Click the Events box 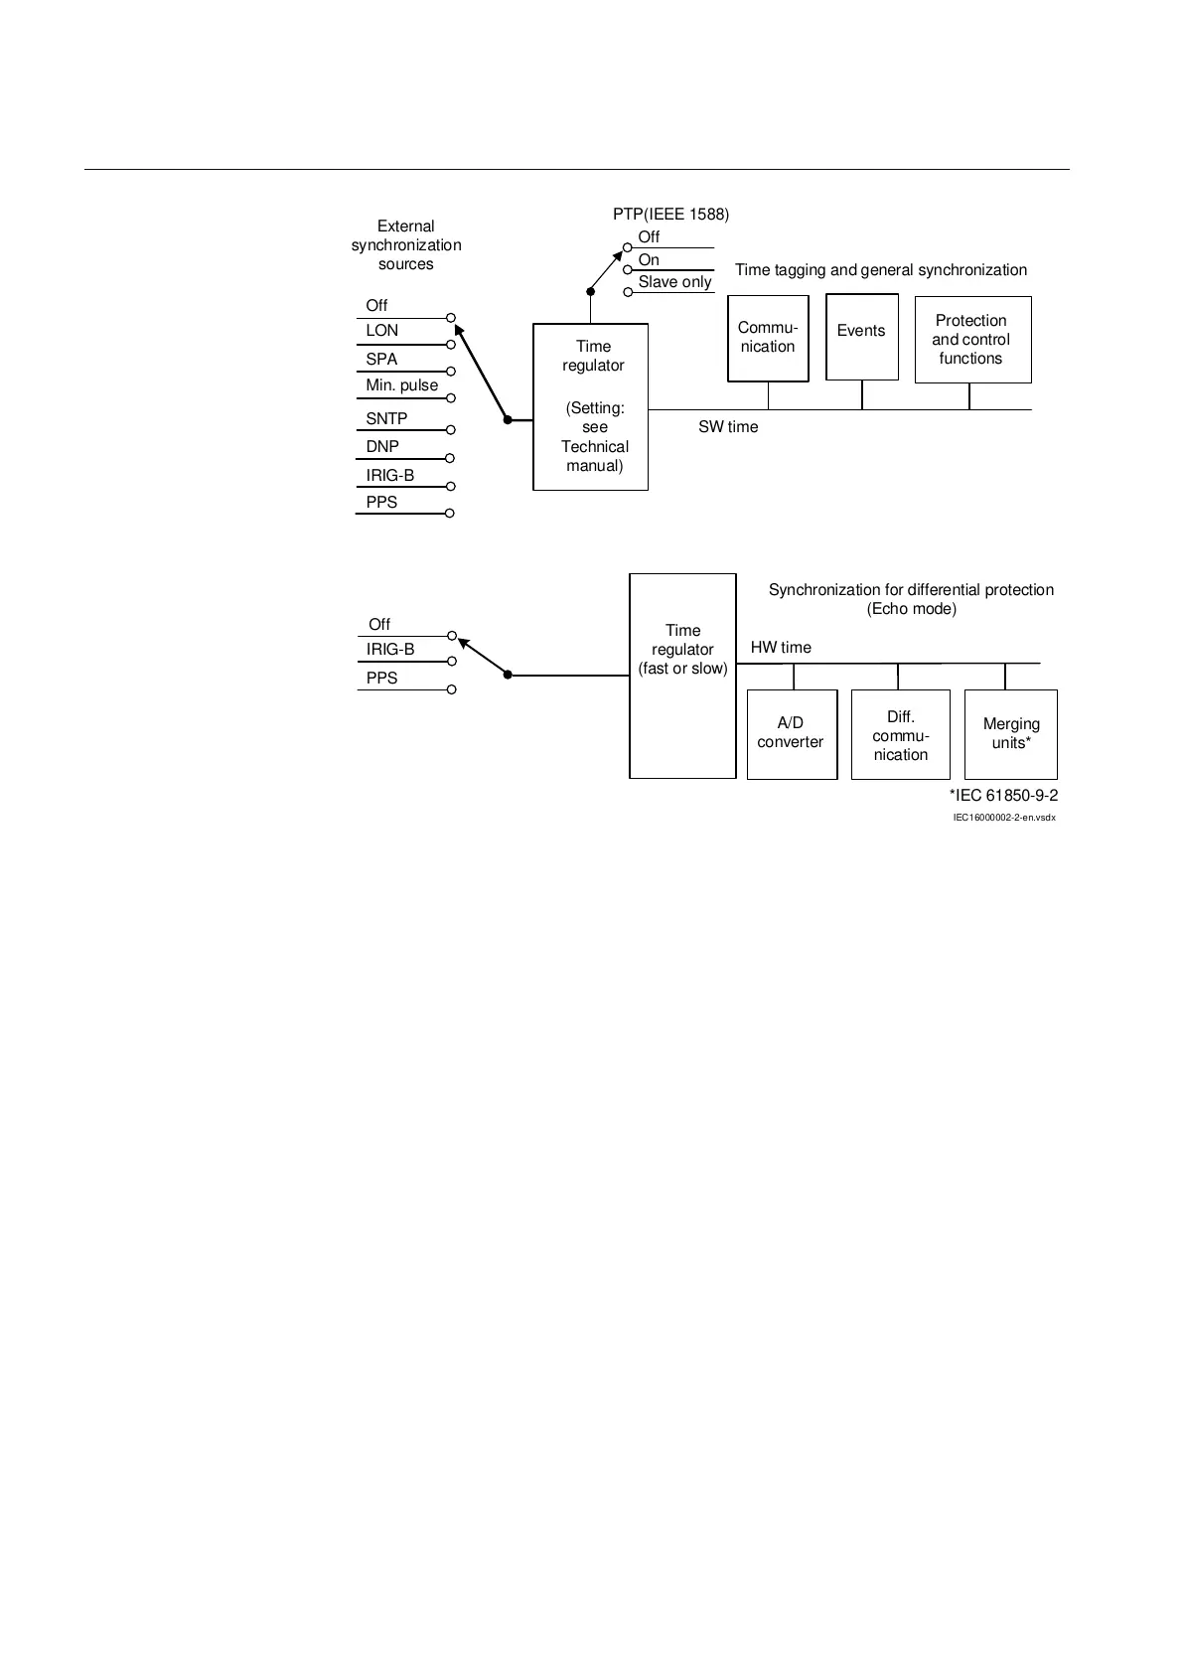pos(861,337)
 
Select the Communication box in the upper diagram pos(768,338)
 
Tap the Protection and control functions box pos(971,340)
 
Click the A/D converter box pos(791,733)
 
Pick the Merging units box pos(1010,733)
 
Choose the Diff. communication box pos(900,735)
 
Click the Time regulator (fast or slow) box pos(682,675)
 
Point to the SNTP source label pos(386,419)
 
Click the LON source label pos(382,331)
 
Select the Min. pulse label pos(401,385)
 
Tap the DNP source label pos(382,447)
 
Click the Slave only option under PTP pos(674,282)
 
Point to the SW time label pos(728,427)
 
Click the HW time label pos(781,648)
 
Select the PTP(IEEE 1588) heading pos(670,215)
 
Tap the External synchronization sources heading pos(406,245)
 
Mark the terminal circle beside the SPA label pos(451,372)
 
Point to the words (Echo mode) pos(911,609)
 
